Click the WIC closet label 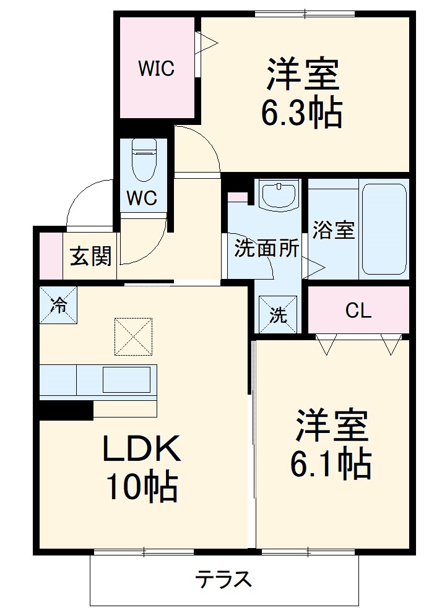156,68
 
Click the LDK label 141,450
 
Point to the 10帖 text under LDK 141,487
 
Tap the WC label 142,198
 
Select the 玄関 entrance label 90,255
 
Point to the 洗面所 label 266,248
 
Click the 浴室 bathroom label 333,230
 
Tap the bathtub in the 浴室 384,228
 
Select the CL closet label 358,311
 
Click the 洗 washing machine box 278,315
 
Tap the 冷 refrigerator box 59,305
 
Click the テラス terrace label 224,580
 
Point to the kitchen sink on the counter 126,379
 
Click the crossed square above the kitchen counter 133,337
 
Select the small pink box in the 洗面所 237,197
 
